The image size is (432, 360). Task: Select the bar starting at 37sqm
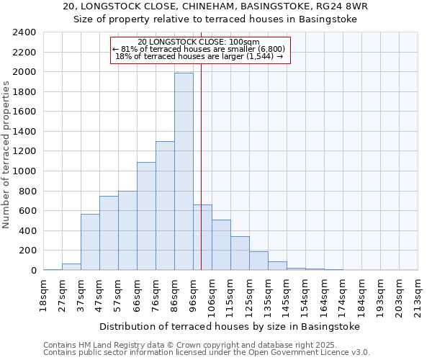(90, 242)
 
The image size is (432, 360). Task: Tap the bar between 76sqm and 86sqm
(165, 206)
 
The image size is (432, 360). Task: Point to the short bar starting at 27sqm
(71, 267)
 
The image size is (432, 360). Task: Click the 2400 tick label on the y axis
(24, 32)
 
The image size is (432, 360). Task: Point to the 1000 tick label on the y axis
(24, 171)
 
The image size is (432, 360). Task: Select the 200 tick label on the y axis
(27, 251)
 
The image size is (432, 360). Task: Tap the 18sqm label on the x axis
(44, 294)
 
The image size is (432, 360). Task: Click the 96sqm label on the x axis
(194, 294)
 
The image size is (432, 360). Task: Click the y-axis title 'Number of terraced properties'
(6, 155)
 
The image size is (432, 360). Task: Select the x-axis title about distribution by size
(229, 326)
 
